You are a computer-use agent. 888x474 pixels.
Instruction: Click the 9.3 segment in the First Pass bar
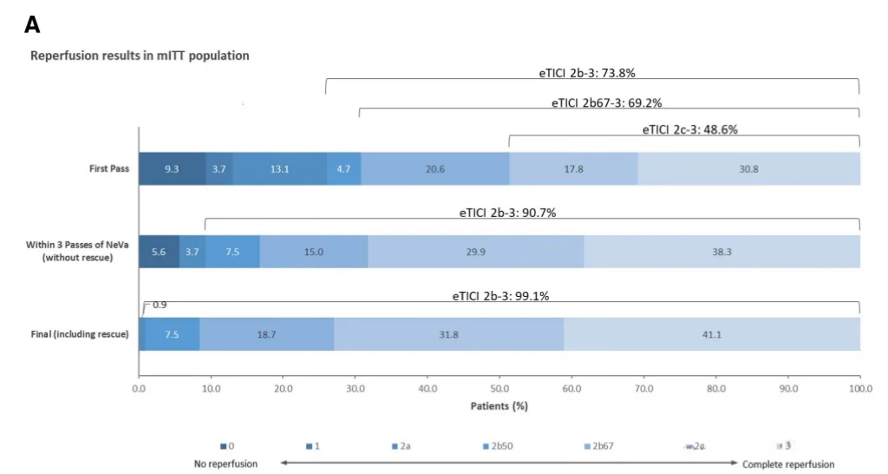(172, 168)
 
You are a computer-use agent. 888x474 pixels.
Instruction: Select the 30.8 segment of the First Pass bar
(749, 168)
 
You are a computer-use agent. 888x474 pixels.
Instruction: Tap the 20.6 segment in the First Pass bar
(435, 168)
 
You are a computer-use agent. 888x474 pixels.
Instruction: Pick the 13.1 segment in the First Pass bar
(279, 168)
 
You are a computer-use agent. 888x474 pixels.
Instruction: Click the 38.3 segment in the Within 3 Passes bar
(721, 252)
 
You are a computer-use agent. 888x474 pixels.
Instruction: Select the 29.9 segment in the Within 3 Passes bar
(475, 252)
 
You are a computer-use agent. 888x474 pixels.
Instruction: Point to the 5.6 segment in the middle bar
(159, 252)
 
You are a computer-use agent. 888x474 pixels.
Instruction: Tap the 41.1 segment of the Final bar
(712, 334)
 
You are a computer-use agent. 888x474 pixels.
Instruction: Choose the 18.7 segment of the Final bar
(267, 334)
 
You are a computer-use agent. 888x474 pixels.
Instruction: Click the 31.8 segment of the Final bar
(449, 334)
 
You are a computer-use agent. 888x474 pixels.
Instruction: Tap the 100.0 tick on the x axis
(859, 389)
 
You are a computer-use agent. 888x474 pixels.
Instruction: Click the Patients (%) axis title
(499, 405)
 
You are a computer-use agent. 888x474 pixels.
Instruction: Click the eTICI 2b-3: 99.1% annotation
(500, 296)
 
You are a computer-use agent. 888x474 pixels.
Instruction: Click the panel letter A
(32, 25)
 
